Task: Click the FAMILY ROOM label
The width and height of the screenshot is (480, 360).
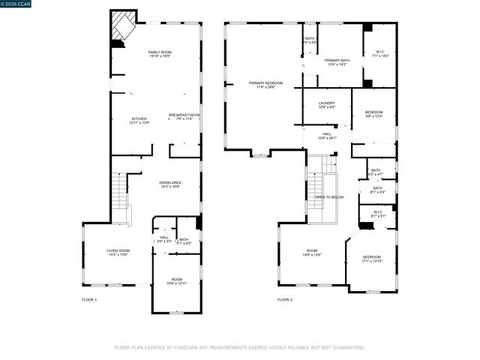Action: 160,52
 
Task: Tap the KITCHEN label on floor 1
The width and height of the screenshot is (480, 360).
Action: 139,118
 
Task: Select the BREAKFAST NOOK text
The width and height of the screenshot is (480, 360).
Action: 184,115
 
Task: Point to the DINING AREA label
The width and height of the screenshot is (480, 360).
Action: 170,182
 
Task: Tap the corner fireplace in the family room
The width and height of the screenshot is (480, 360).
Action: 121,26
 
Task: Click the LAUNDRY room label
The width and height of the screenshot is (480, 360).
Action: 326,103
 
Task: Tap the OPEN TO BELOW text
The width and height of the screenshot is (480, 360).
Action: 329,197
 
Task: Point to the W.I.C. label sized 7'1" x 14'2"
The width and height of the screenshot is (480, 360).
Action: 380,52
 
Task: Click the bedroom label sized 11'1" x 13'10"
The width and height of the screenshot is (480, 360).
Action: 372,257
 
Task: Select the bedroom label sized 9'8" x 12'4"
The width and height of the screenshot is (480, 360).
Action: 373,112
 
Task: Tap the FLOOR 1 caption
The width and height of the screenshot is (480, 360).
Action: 89,299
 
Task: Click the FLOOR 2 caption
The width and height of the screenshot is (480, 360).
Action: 285,299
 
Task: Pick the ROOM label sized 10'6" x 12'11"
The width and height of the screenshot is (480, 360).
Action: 176,280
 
